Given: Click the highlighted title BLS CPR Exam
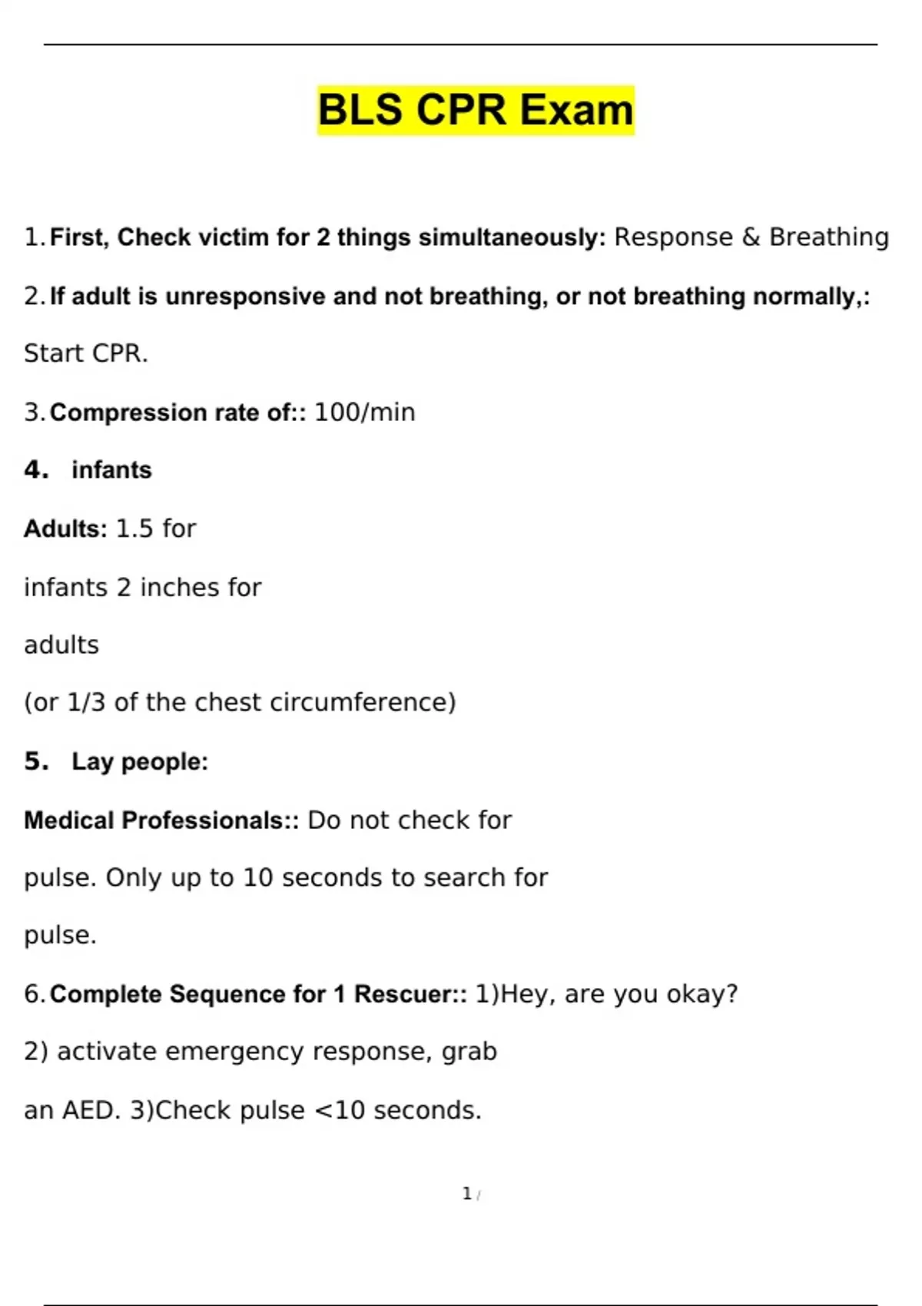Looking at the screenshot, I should tap(476, 110).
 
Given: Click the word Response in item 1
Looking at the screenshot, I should tap(673, 237).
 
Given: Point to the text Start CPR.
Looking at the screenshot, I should tap(85, 353).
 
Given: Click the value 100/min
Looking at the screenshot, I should tap(364, 413).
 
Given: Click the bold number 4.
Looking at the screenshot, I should tap(35, 469).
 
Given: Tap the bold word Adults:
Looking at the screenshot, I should tap(65, 529).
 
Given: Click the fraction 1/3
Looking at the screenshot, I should tap(86, 702).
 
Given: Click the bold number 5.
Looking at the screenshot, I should tap(35, 761).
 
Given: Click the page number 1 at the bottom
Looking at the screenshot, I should tap(466, 1194).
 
